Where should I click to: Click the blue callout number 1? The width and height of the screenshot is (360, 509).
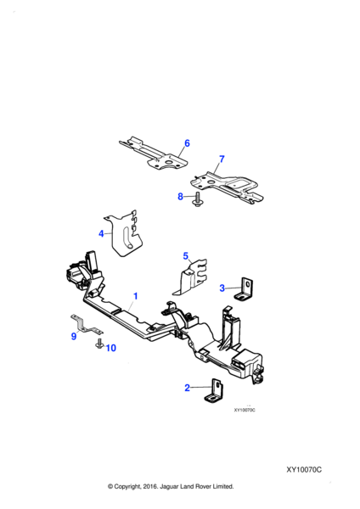click(136, 296)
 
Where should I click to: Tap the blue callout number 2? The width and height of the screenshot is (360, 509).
click(187, 388)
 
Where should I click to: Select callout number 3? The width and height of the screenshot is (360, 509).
click(222, 288)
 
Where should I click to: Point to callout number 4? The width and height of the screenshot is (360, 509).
click(101, 233)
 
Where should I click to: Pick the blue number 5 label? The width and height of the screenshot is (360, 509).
click(186, 256)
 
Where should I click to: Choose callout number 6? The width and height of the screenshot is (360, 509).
click(187, 143)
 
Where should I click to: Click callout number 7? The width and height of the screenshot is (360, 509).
click(222, 159)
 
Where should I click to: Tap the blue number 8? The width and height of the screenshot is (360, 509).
click(180, 197)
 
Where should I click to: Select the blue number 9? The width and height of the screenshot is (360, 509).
click(74, 336)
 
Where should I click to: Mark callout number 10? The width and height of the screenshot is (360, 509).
click(110, 348)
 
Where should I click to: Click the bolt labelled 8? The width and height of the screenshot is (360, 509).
click(198, 199)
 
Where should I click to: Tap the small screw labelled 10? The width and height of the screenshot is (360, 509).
click(98, 344)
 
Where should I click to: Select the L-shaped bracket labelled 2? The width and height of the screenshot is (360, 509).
click(215, 391)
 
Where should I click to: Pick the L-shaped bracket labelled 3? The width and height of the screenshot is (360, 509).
click(245, 290)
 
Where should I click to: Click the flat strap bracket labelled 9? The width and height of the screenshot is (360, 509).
click(85, 326)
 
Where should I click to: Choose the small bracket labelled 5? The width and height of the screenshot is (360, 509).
click(191, 277)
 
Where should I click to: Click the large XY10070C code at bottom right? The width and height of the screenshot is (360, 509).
click(304, 470)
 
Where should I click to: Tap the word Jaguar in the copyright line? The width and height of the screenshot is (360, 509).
click(169, 486)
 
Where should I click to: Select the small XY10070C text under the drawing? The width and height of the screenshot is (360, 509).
click(245, 410)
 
